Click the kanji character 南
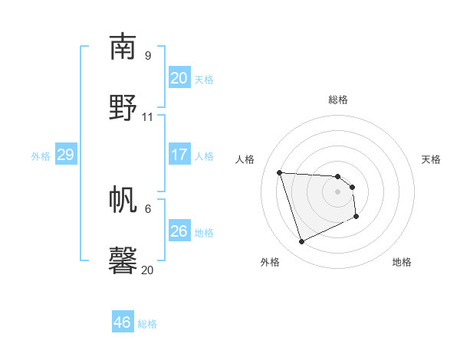pos(123,47)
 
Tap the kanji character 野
pos(123,108)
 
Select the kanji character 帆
pos(123,200)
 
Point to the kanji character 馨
pos(123,261)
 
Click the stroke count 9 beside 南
pos(148,56)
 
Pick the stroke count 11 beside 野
pos(148,117)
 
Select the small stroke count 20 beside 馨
pos(148,270)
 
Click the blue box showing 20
pos(179,78)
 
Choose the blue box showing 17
pos(179,155)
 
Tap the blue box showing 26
pos(179,231)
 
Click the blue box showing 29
pos(65,155)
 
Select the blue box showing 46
pos(123,322)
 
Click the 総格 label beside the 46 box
pos(147,324)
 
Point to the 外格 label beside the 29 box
pos(41,156)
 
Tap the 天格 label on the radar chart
pos(431,159)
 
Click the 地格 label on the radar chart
pos(402,262)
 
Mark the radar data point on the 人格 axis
pos(280,172)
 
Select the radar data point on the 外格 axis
pos(302,242)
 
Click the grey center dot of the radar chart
pos(337,201)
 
